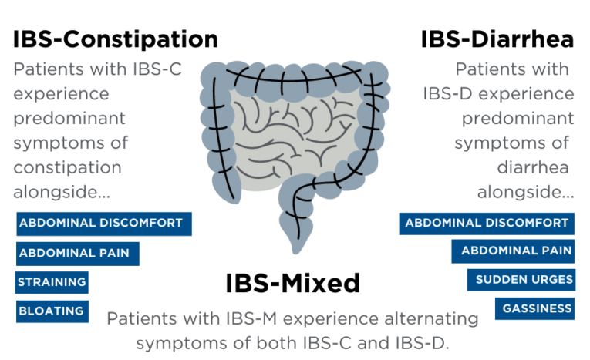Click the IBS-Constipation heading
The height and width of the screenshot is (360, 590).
pyautogui.click(x=115, y=39)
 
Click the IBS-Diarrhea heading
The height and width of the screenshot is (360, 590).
pyautogui.click(x=497, y=39)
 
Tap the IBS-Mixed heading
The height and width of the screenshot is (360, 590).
pyautogui.click(x=292, y=283)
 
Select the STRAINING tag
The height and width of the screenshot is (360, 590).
pyautogui.click(x=52, y=282)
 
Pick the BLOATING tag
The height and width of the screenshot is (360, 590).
pyautogui.click(x=52, y=311)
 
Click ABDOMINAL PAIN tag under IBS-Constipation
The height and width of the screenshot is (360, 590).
pyautogui.click(x=77, y=253)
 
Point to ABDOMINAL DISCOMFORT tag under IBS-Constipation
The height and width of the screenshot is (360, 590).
pyautogui.click(x=103, y=224)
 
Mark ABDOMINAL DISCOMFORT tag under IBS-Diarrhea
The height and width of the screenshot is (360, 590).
pyautogui.click(x=487, y=224)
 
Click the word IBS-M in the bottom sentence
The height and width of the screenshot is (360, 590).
pyautogui.click(x=255, y=318)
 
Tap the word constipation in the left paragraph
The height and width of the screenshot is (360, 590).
pyautogui.click(x=67, y=167)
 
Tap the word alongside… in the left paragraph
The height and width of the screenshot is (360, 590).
pyautogui.click(x=62, y=191)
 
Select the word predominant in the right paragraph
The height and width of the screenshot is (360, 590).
pyautogui.click(x=518, y=119)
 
